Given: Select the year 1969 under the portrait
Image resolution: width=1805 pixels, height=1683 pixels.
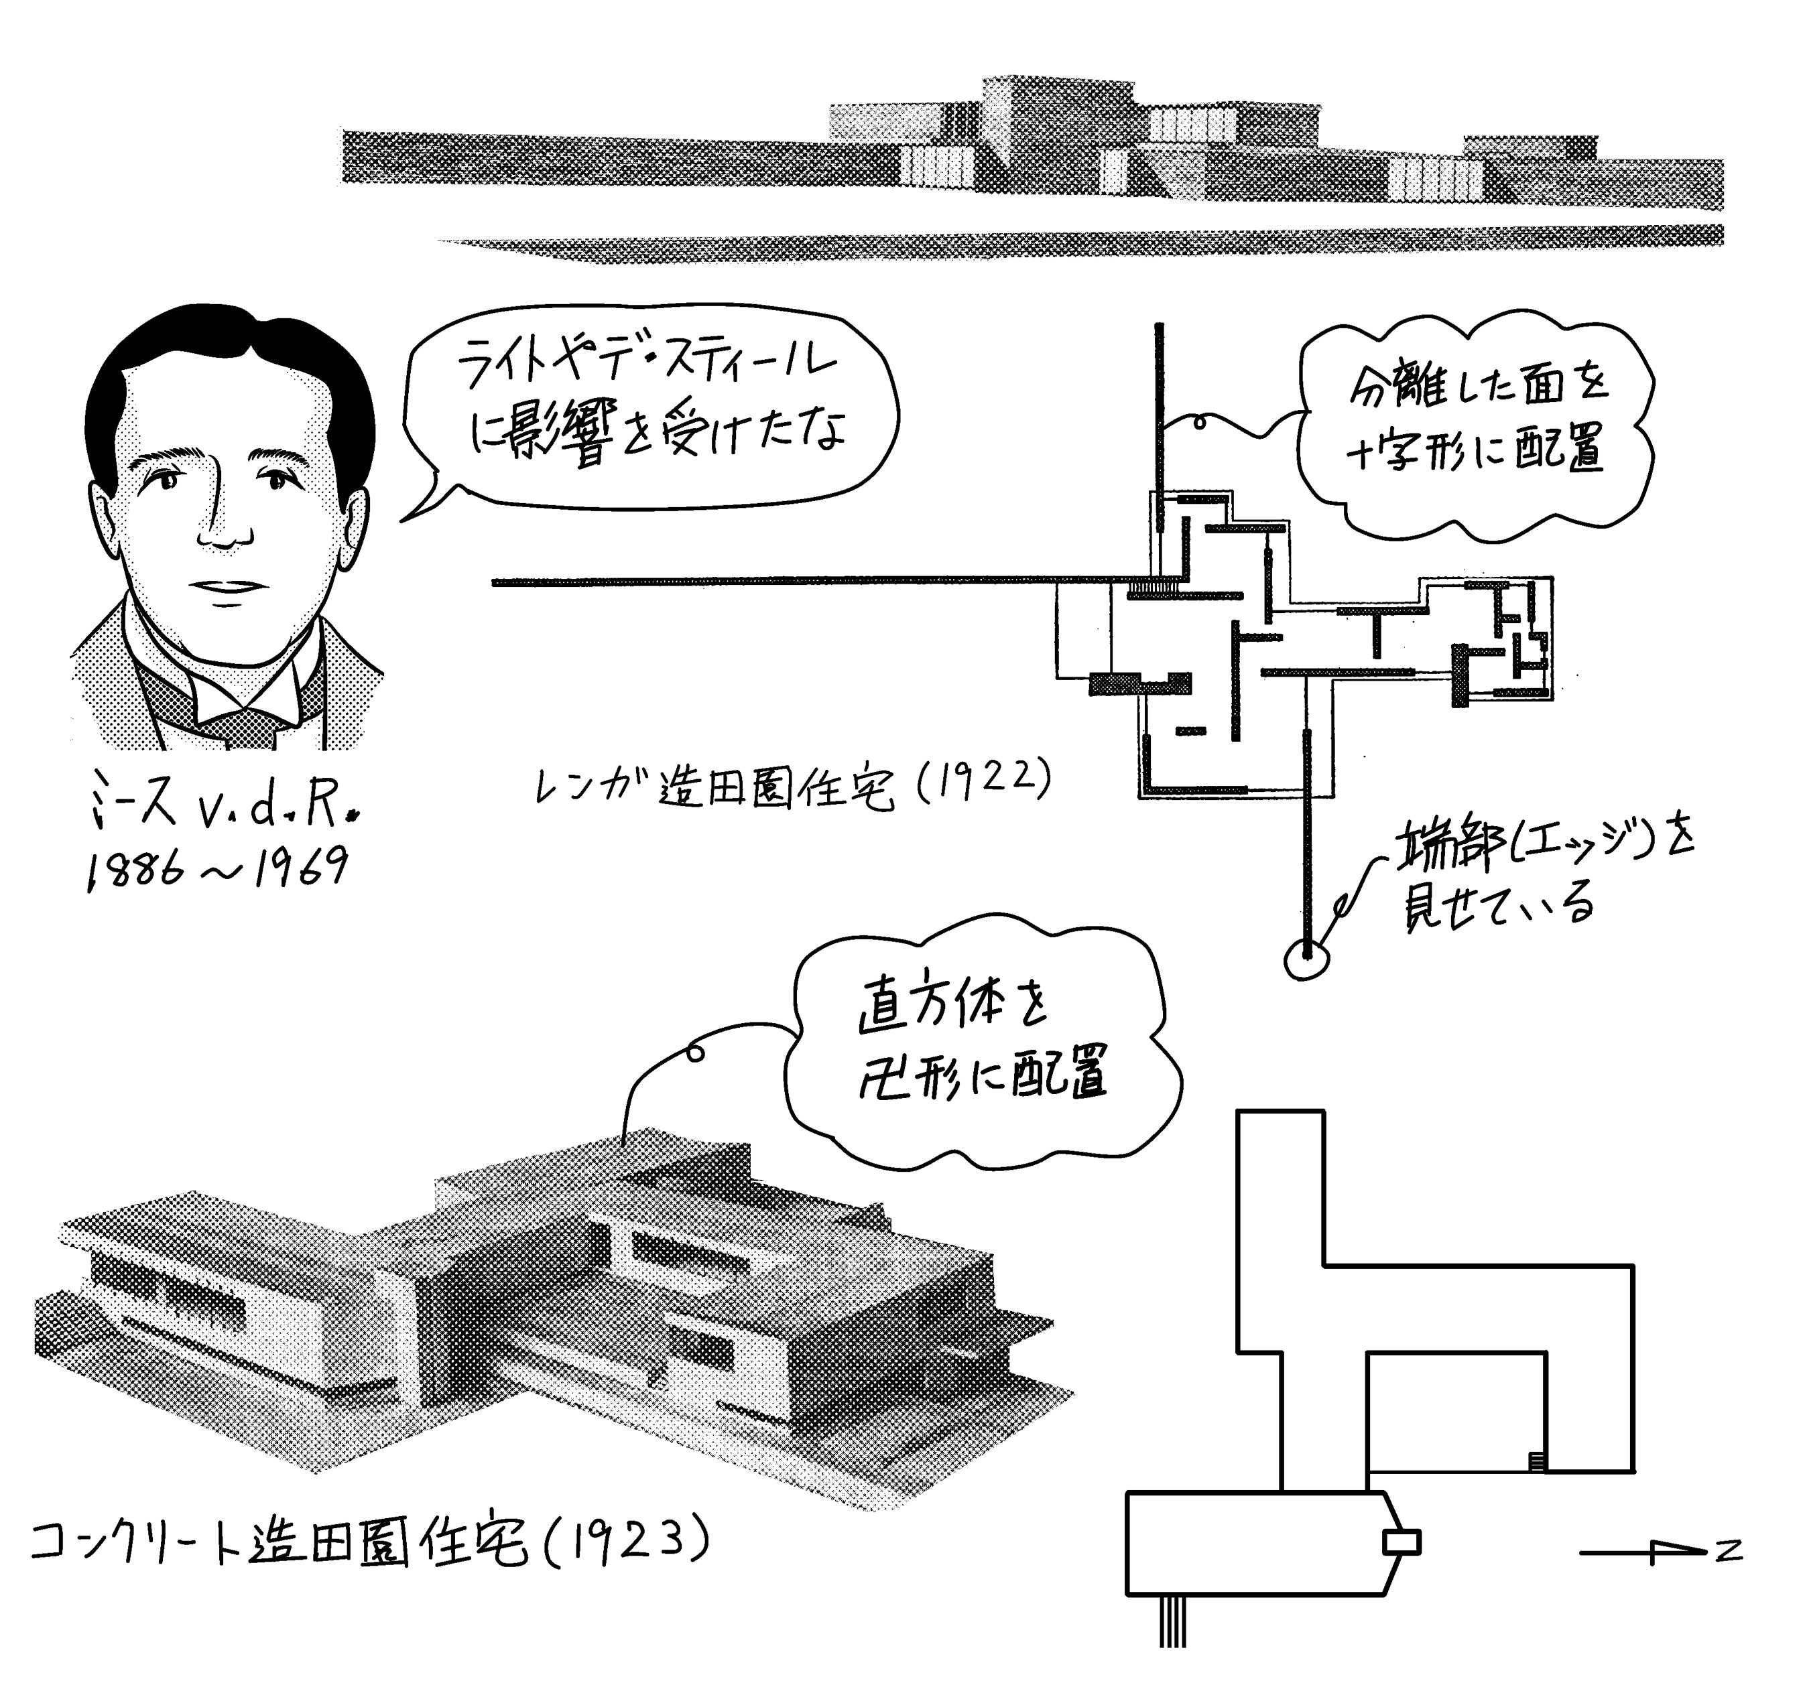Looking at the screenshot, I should pyautogui.click(x=300, y=868).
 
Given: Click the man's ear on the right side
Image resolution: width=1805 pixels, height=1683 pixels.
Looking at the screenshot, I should pyautogui.click(x=353, y=529).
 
